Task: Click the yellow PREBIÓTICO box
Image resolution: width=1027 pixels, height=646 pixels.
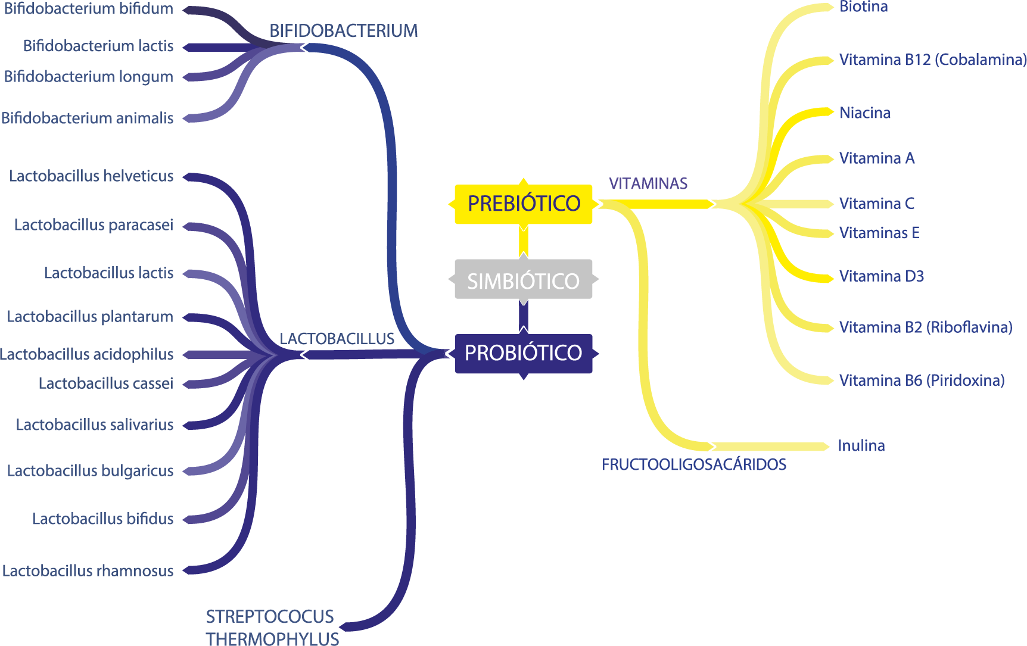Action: pyautogui.click(x=523, y=204)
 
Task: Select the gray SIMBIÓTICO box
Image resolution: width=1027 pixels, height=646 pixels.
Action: pyautogui.click(x=523, y=280)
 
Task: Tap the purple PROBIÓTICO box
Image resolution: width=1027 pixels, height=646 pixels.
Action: pyautogui.click(x=523, y=353)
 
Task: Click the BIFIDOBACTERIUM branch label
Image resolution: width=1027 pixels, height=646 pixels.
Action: pyautogui.click(x=343, y=31)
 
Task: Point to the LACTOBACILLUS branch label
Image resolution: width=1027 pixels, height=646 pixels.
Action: pyautogui.click(x=337, y=339)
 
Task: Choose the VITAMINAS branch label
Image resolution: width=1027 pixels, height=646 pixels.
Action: pyautogui.click(x=648, y=183)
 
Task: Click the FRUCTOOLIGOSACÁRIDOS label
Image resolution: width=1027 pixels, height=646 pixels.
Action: pyautogui.click(x=694, y=464)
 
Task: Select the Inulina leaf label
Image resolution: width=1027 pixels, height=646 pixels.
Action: pyautogui.click(x=861, y=445)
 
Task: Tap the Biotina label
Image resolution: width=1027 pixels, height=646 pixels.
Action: pyautogui.click(x=863, y=7)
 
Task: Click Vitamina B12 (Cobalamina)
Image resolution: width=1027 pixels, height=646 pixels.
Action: pyautogui.click(x=932, y=60)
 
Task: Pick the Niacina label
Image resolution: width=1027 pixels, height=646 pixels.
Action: pyautogui.click(x=864, y=113)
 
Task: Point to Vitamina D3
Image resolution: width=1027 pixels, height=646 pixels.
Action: pyautogui.click(x=881, y=276)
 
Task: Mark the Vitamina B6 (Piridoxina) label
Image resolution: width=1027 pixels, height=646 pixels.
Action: pyautogui.click(x=922, y=380)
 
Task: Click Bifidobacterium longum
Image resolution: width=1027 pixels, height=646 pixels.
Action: pyautogui.click(x=89, y=77)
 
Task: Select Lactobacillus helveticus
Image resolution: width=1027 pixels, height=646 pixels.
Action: pyautogui.click(x=91, y=176)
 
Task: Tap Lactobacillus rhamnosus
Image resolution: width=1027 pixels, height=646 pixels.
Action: pyautogui.click(x=88, y=570)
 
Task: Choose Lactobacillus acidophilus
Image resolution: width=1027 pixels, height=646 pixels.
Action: pyautogui.click(x=87, y=354)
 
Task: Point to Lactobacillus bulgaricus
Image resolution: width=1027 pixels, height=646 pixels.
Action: pyautogui.click(x=90, y=470)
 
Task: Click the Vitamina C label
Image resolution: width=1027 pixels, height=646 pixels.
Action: pyautogui.click(x=876, y=204)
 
